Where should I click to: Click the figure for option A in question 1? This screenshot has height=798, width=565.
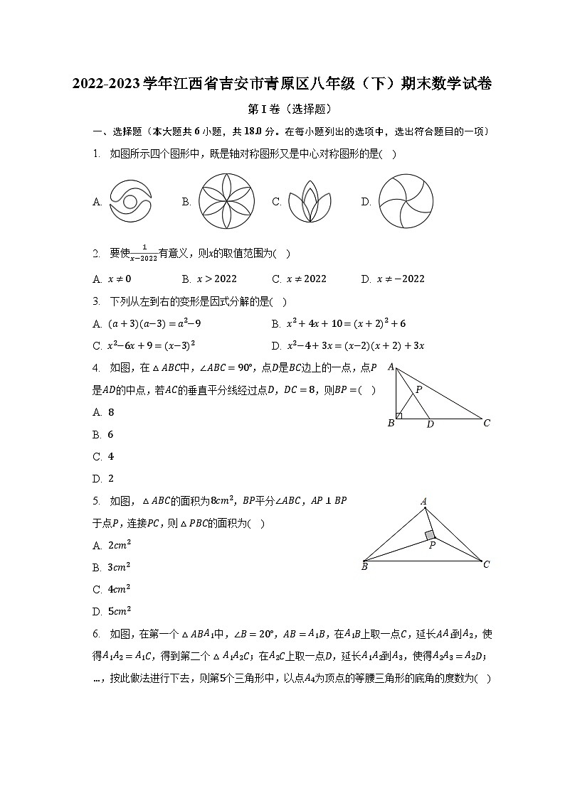(130, 202)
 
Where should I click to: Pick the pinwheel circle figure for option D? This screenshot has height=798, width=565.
(406, 202)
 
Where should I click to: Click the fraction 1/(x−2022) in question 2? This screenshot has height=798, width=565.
(144, 254)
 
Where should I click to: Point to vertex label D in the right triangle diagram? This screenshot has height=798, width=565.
(430, 424)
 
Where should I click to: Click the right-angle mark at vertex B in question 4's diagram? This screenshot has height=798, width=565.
(399, 416)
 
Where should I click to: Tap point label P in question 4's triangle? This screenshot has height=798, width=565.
(419, 389)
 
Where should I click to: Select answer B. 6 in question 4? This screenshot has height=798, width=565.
(104, 434)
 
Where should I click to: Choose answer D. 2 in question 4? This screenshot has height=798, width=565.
(104, 478)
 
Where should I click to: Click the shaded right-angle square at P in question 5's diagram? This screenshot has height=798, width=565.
(429, 535)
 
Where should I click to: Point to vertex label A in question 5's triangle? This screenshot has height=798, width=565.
(423, 502)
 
